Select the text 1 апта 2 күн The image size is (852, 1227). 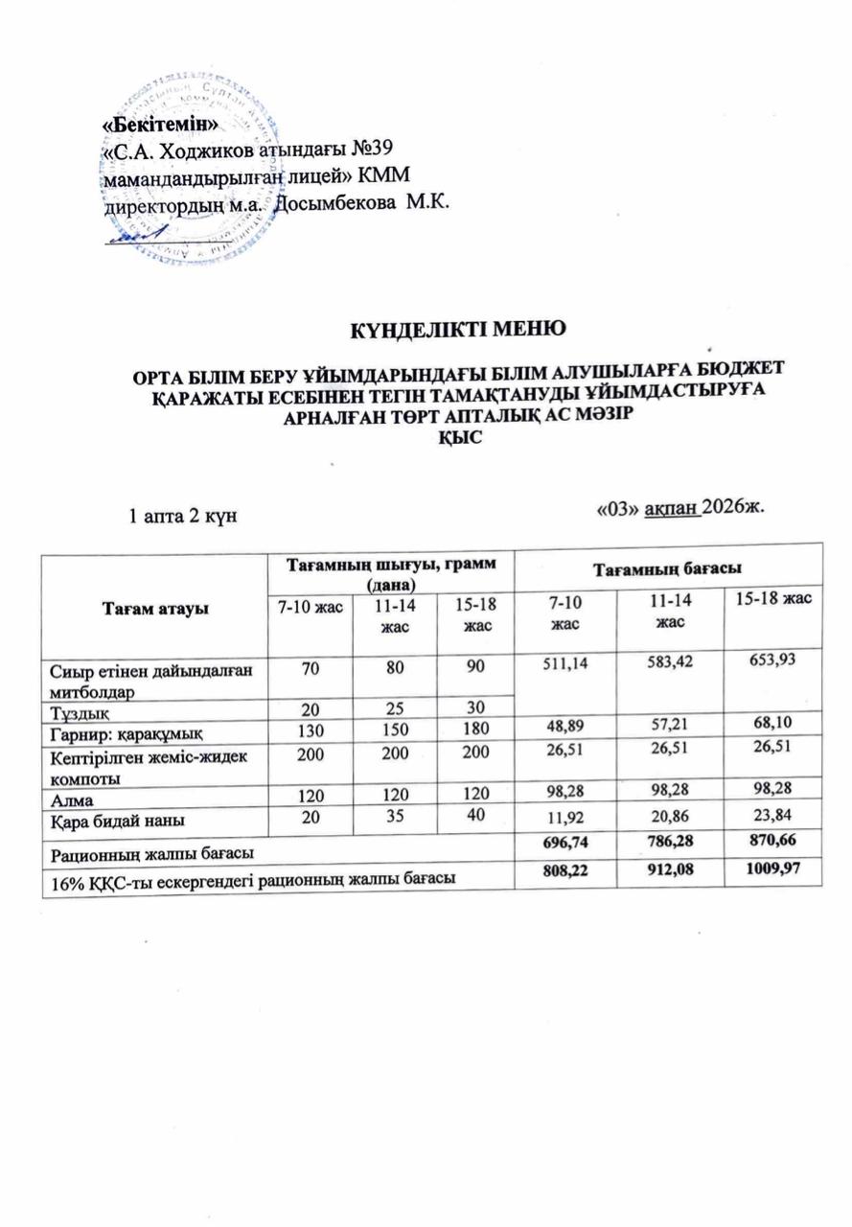click(183, 517)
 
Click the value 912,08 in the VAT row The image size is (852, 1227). click(669, 868)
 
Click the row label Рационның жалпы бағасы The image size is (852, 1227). click(134, 847)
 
